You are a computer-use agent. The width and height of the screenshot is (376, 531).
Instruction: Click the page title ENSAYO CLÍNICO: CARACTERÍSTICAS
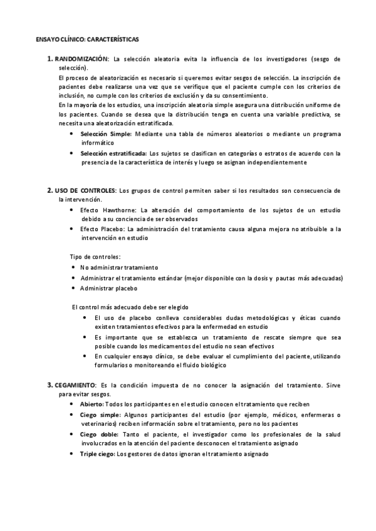87,39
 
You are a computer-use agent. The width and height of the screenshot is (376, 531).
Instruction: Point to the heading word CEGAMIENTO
75,383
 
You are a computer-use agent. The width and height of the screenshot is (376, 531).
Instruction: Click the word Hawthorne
118,210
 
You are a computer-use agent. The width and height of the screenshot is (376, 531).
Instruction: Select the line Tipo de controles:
95,257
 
